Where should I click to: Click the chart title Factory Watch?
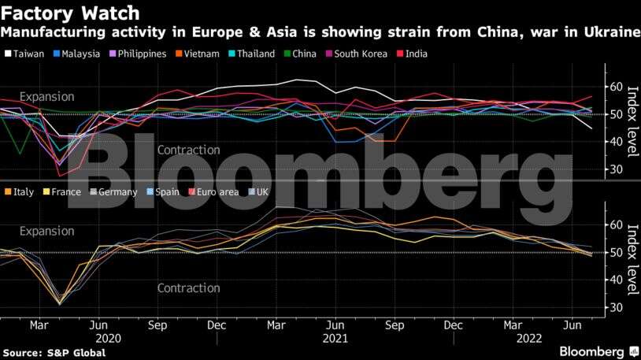[71, 13]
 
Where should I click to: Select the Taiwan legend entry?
[28, 54]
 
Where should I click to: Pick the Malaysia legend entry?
[81, 54]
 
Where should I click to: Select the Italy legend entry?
[24, 191]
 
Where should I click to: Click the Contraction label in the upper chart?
[188, 150]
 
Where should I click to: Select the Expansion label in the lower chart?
[46, 232]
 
